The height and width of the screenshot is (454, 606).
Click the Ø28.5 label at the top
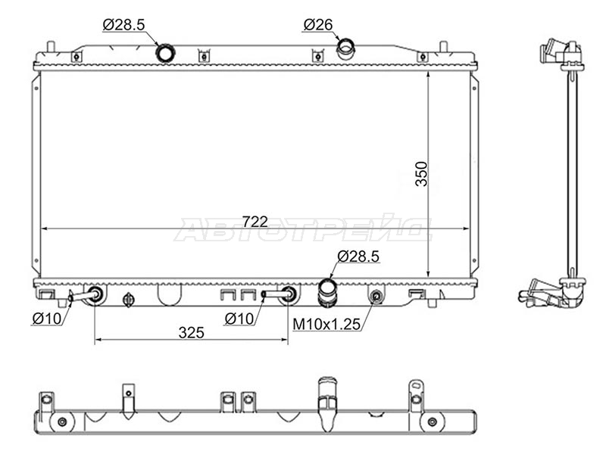[123, 25]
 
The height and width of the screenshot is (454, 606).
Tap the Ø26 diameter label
[317, 25]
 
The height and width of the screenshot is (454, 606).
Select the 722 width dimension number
[255, 222]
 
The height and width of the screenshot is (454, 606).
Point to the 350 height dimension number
[421, 174]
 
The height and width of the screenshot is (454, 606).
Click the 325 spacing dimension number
[192, 332]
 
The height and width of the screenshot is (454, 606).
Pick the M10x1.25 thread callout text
[326, 325]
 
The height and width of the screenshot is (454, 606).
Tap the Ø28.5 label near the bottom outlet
[358, 257]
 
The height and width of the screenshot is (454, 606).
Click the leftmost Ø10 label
[47, 319]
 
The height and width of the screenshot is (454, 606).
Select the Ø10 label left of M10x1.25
[239, 319]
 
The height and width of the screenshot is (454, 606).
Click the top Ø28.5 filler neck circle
[165, 53]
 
